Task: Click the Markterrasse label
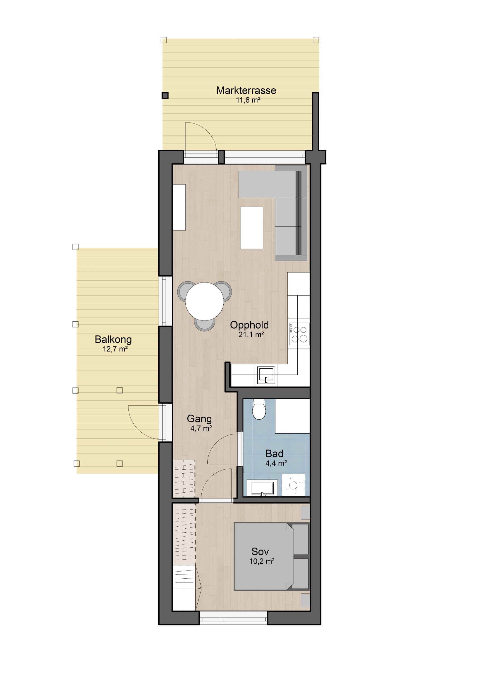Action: (246, 90)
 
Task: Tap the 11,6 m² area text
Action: (248, 100)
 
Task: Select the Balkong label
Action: (113, 340)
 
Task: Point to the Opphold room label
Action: (249, 325)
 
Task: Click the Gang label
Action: (199, 419)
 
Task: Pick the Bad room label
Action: (274, 453)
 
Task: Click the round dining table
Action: (204, 301)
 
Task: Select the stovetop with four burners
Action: (299, 334)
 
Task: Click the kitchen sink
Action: (266, 375)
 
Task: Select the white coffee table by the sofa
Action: (251, 228)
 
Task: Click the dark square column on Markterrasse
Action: (165, 95)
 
